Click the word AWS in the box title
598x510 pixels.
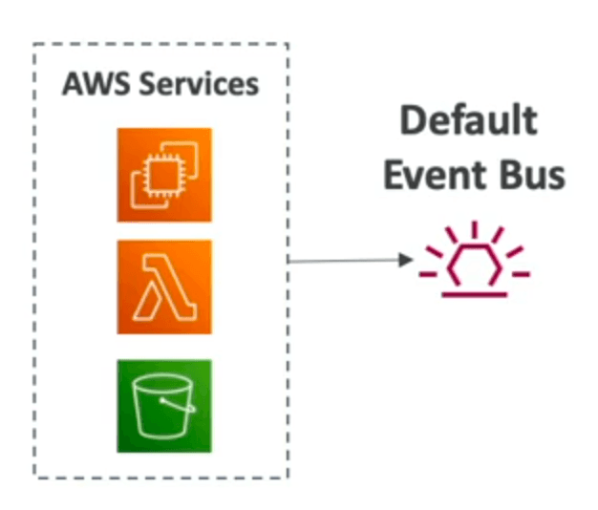[96, 83]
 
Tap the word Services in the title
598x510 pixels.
[199, 83]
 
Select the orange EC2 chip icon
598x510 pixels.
[164, 175]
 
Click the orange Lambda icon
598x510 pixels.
[164, 287]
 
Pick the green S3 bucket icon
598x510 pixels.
[164, 406]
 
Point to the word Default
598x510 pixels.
[469, 120]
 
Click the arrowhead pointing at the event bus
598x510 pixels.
[405, 260]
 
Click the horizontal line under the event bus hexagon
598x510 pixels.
[475, 295]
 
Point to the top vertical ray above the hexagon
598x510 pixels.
[475, 229]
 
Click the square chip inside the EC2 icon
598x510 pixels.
[164, 175]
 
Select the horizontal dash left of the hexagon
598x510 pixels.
[428, 274]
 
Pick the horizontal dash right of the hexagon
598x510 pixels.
[521, 274]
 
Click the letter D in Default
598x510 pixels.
[412, 120]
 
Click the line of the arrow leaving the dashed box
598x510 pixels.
[343, 261]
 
